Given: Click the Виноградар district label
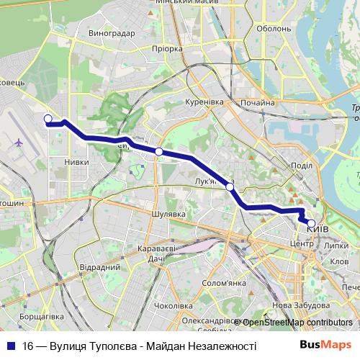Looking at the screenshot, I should tap(110, 32).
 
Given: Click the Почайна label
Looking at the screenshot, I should tap(258, 103).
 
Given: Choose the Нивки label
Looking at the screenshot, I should tap(76, 162).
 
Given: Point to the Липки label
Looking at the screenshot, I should tap(337, 245).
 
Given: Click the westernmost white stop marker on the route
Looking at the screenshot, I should tap(48, 119).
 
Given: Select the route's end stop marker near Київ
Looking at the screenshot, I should tap(311, 223).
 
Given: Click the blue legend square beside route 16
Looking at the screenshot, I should tap(12, 346).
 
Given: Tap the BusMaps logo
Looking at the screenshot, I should tap(325, 346).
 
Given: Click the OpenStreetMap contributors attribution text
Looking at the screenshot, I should tap(297, 323).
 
